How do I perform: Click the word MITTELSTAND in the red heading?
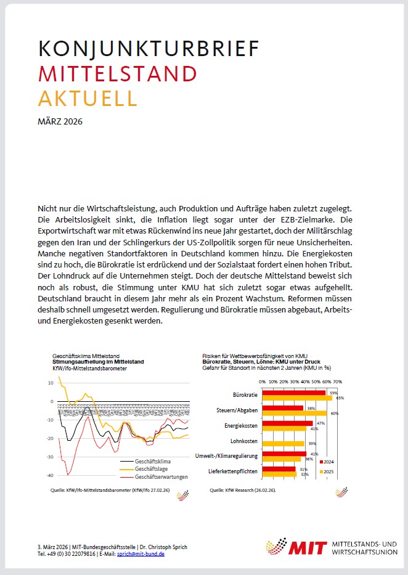click(x=118, y=74)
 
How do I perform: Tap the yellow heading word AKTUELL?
click(x=88, y=98)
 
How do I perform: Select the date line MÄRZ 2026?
click(x=60, y=121)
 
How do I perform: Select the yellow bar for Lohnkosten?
click(x=284, y=442)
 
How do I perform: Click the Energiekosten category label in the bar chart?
click(x=241, y=426)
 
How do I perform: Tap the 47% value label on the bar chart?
click(x=320, y=423)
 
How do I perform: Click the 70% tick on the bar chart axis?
click(x=338, y=382)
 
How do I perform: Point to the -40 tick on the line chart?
click(x=50, y=476)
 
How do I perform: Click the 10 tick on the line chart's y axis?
click(x=51, y=383)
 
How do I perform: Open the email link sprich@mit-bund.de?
click(x=141, y=554)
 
